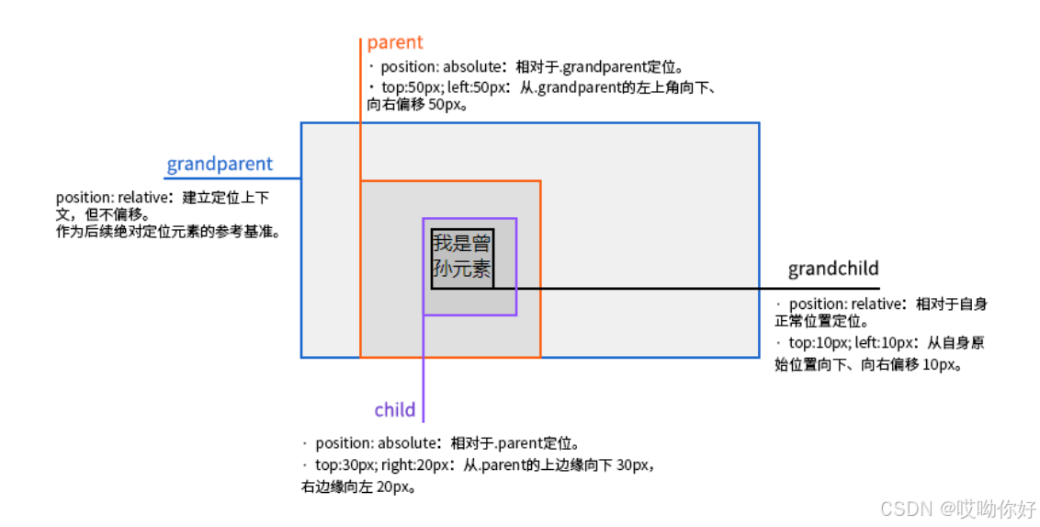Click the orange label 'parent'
(x=395, y=42)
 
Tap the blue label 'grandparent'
(x=220, y=165)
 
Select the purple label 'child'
(x=395, y=410)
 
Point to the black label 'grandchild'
(x=833, y=269)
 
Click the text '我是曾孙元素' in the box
(x=461, y=257)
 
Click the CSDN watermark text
(x=957, y=509)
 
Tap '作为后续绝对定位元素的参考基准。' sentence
(x=167, y=232)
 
